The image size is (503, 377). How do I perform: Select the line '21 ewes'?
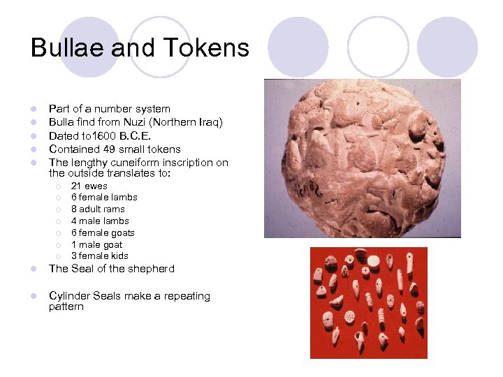[89, 186]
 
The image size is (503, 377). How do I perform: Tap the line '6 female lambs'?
[104, 198]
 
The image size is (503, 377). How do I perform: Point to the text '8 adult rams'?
[98, 209]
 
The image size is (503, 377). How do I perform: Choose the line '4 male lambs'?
[100, 221]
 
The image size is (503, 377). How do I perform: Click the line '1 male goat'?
[96, 245]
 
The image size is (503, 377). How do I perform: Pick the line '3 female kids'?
[100, 256]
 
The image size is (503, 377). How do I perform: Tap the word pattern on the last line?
[66, 306]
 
